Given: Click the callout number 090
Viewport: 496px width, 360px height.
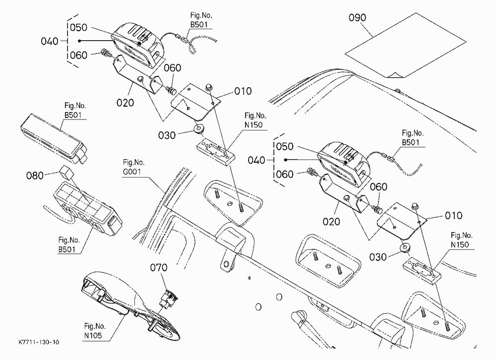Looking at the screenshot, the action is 357,17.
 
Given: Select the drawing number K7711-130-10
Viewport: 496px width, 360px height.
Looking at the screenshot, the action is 39,342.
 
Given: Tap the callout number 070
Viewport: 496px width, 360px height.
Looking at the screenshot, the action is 159,268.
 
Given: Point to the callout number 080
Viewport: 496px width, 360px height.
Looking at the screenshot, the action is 35,176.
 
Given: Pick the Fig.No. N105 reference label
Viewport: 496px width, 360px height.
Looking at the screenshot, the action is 95,331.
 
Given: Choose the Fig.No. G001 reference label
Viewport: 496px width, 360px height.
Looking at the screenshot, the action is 134,167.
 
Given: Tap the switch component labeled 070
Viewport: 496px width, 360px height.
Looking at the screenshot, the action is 168,299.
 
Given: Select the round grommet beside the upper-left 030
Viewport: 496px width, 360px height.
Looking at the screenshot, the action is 199,129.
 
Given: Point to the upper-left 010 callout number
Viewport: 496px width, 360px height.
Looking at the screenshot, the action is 243,91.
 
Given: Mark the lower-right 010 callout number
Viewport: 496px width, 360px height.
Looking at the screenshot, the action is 454,216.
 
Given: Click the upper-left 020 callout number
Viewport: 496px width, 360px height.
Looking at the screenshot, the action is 125,103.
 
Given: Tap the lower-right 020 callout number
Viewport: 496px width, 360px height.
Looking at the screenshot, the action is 331,222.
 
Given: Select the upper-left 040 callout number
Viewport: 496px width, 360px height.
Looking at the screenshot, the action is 50,41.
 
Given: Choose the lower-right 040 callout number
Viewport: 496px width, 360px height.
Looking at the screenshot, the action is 256,160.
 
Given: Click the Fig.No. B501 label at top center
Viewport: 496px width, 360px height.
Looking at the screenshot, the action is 201,20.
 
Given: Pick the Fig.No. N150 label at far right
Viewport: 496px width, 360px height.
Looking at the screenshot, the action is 462,240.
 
